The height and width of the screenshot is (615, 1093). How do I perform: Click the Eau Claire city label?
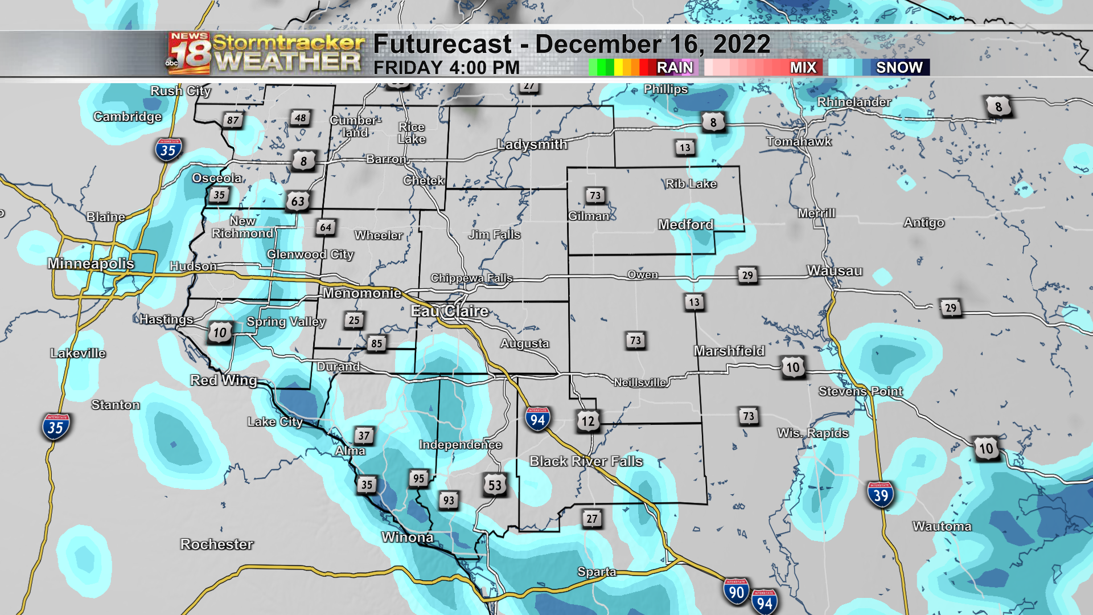pos(450,311)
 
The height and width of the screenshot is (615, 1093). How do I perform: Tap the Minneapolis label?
pos(91,263)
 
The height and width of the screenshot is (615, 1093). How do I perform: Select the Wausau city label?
pos(835,270)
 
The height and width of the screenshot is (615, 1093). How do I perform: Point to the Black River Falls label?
pos(586,461)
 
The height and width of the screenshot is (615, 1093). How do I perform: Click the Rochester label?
pos(217,544)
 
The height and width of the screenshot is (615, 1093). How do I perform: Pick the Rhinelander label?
pos(854,102)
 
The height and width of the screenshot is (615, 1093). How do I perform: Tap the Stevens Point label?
pos(860,391)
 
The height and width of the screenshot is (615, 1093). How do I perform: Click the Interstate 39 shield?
pos(881,495)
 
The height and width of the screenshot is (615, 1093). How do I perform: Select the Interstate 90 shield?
pos(736,592)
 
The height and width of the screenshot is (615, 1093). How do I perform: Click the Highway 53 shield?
pos(495,485)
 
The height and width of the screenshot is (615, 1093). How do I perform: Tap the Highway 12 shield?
pos(587,421)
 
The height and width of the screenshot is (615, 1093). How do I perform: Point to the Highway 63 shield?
pos(298,200)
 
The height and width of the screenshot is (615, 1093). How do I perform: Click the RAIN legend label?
pos(675,67)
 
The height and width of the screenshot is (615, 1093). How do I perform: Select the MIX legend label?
pos(803,67)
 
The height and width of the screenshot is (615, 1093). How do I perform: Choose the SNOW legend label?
pos(899,67)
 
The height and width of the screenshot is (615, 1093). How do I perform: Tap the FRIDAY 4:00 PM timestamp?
pos(446,68)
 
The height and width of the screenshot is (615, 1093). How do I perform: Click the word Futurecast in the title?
pos(442,44)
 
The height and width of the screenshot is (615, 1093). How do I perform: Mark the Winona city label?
pos(408,537)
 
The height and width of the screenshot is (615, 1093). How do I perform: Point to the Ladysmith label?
pos(532,144)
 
